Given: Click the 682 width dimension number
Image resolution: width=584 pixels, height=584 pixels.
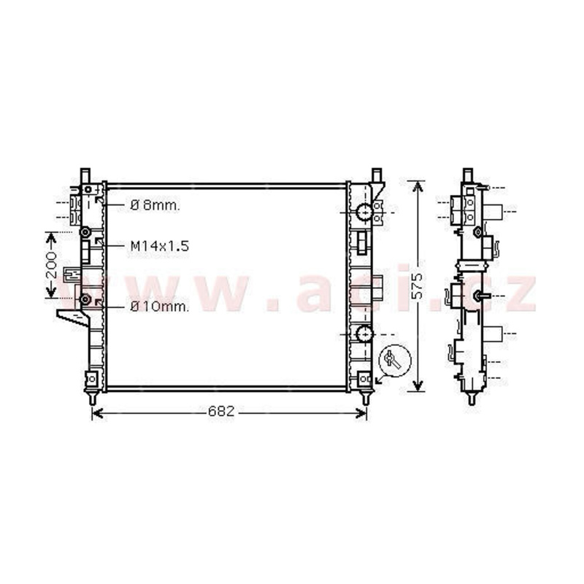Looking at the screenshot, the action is tap(221, 412).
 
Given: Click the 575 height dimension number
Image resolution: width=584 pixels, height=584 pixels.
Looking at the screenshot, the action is tap(418, 286).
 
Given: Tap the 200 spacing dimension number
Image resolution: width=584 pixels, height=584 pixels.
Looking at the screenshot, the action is tap(51, 265).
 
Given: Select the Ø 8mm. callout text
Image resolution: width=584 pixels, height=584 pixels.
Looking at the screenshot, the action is tap(155, 205).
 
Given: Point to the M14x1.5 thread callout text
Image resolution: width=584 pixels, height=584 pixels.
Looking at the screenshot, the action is tap(160, 246).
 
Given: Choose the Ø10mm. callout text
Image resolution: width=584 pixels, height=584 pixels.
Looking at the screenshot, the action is tap(160, 307).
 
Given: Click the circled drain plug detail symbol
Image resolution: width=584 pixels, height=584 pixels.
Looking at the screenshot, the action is tap(395, 361).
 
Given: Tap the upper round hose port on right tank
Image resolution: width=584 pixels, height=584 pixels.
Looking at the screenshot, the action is tap(364, 212).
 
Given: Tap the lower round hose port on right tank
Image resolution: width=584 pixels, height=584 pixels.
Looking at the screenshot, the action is tap(364, 334).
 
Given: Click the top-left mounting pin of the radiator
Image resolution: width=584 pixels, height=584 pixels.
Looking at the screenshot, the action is tap(85, 175).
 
